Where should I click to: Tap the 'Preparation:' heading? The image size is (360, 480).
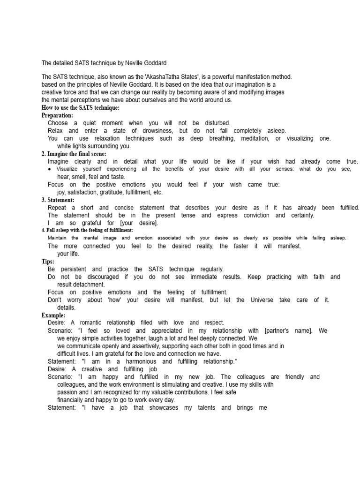pyautogui.click(x=57, y=115)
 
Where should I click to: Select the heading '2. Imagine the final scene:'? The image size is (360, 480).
pyautogui.click(x=74, y=154)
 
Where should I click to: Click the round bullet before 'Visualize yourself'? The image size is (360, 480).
pyautogui.click(x=50, y=169)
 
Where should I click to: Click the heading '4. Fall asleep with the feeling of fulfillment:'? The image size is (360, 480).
pyautogui.click(x=88, y=231)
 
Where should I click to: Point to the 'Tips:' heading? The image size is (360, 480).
pyautogui.click(x=48, y=261)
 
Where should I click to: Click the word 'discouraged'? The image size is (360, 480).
pyautogui.click(x=101, y=277)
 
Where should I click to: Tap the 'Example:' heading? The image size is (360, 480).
pyautogui.click(x=53, y=315)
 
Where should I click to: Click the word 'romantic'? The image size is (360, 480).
pyautogui.click(x=105, y=322)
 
